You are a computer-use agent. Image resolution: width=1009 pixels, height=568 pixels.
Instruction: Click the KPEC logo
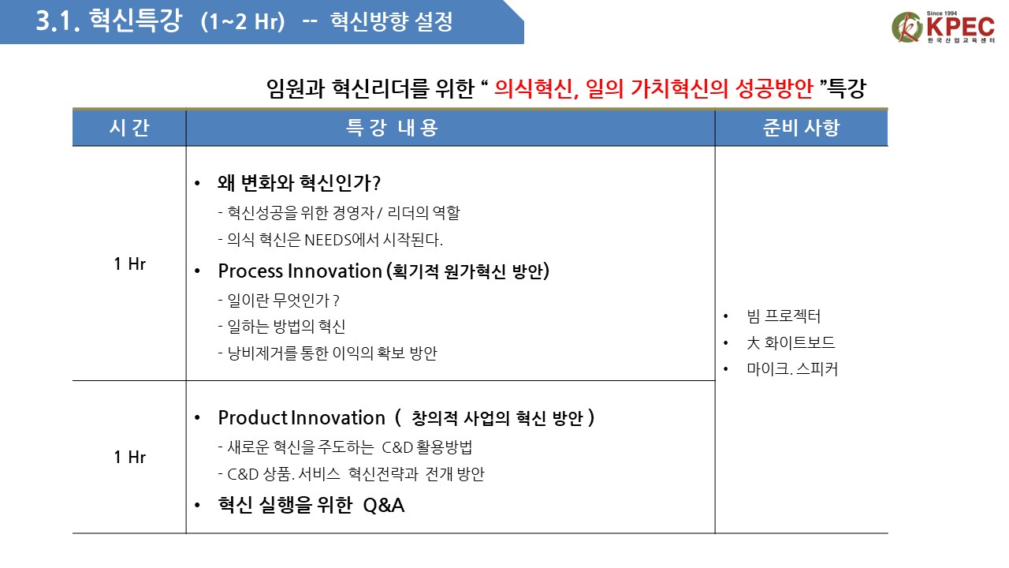point(943,27)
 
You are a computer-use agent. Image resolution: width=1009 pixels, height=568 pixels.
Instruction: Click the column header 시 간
point(129,128)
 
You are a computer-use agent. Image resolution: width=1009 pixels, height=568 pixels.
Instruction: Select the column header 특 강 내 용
point(392,128)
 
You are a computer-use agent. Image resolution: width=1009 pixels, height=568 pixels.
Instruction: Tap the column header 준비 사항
point(802,128)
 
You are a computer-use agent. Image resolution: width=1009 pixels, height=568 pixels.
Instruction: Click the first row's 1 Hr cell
point(130,264)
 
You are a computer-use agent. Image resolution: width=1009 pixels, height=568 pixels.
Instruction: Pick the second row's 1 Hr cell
point(130,457)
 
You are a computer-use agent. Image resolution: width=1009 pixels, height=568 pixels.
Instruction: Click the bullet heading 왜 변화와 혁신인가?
point(299,183)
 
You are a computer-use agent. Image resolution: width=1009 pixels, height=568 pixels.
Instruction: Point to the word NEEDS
point(327,240)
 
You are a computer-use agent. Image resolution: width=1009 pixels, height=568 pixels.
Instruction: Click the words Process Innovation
point(300,271)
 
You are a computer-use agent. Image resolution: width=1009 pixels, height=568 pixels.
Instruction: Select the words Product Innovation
point(301,418)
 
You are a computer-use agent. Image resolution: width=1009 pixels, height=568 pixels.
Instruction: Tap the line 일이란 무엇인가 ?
point(278,301)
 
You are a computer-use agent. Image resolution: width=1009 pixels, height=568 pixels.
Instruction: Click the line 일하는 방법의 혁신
point(281,327)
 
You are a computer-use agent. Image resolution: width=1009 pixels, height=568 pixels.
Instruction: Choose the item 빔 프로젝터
point(784,316)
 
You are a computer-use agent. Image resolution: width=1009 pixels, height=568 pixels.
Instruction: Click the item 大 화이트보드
point(791,342)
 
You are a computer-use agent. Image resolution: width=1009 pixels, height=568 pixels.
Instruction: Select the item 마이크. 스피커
point(792,369)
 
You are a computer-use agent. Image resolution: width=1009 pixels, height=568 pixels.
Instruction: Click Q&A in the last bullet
point(384,506)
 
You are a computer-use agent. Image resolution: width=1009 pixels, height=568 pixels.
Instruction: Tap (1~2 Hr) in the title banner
point(243,21)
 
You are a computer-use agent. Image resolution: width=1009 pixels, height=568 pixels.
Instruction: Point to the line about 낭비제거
point(327,353)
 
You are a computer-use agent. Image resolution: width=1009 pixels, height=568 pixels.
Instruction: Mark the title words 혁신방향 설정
point(392,21)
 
